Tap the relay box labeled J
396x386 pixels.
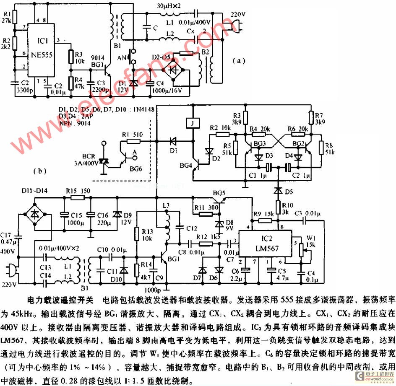[x=193, y=124]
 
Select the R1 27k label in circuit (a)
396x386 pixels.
[x=7, y=17]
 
